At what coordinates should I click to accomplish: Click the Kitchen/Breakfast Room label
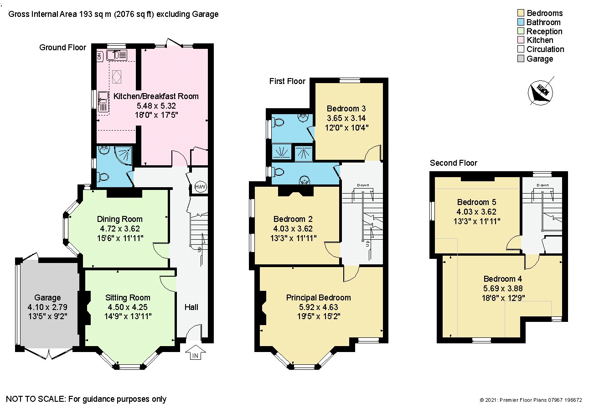156,96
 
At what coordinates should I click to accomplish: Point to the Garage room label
47,298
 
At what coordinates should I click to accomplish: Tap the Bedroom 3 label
346,109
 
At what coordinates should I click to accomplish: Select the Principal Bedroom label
318,298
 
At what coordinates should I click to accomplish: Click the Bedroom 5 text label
476,202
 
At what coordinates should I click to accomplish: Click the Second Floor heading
454,163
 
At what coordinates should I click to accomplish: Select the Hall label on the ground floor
191,307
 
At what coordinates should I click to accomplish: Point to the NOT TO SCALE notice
86,399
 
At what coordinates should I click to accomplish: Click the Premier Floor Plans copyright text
531,400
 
